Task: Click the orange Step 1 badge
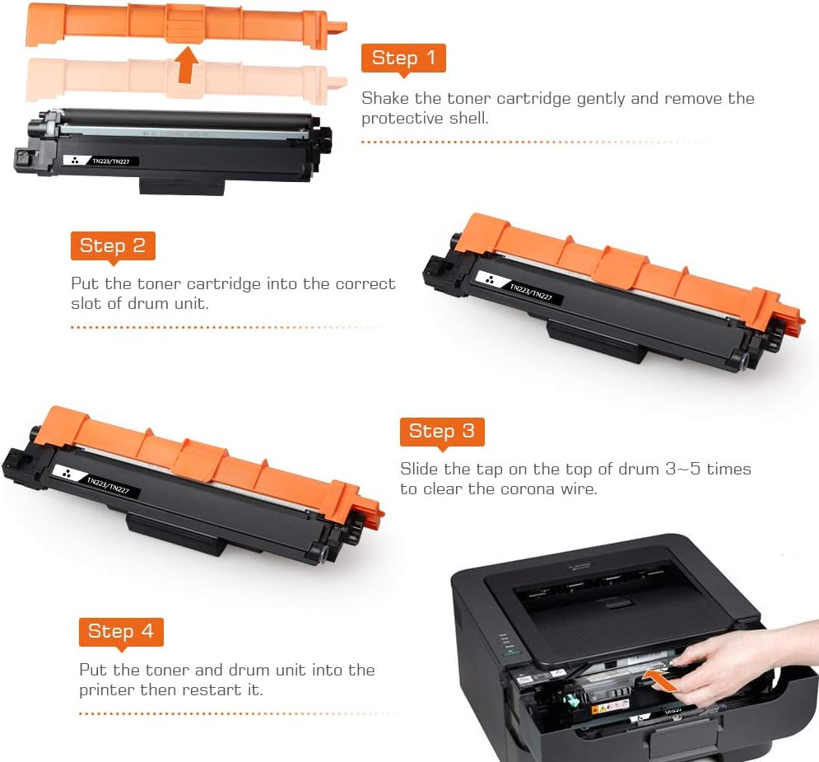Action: (x=403, y=58)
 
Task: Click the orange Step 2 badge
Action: (x=113, y=245)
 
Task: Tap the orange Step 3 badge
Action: (x=441, y=431)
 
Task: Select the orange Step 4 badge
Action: (x=121, y=631)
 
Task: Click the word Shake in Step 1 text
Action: (x=384, y=99)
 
